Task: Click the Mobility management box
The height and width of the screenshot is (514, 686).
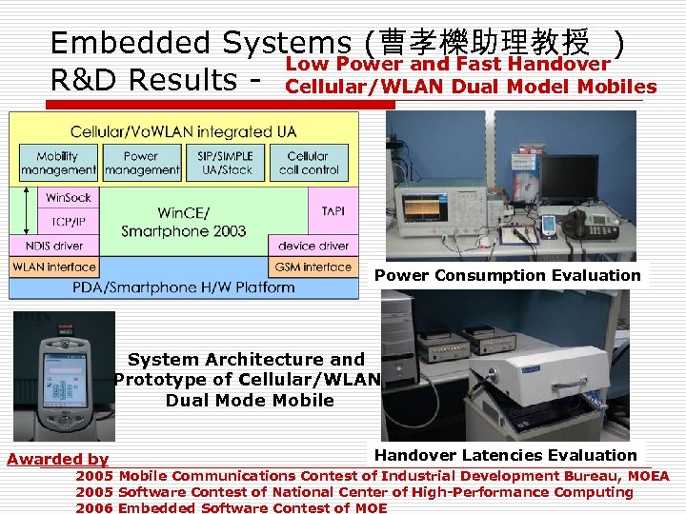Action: coord(58,163)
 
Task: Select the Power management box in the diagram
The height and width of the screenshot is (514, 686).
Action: coord(142,163)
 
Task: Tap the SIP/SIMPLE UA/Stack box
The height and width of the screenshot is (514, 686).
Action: coord(227,163)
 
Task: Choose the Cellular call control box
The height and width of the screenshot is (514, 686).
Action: coord(309,163)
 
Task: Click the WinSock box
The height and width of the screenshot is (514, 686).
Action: coord(67,199)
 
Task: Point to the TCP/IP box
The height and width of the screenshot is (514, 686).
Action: coord(67,222)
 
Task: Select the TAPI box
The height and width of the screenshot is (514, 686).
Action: coord(333,210)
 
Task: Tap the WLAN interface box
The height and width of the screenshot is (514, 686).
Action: coord(54,267)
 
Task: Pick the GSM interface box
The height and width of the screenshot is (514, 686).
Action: coord(313,267)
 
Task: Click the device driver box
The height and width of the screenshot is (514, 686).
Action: coord(313,246)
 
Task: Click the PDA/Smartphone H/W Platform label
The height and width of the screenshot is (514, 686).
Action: coord(183,287)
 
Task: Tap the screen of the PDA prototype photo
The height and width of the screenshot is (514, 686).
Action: coord(65,358)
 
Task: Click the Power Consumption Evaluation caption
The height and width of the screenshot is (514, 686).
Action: coord(507,275)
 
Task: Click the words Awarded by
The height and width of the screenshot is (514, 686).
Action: coord(57,459)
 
